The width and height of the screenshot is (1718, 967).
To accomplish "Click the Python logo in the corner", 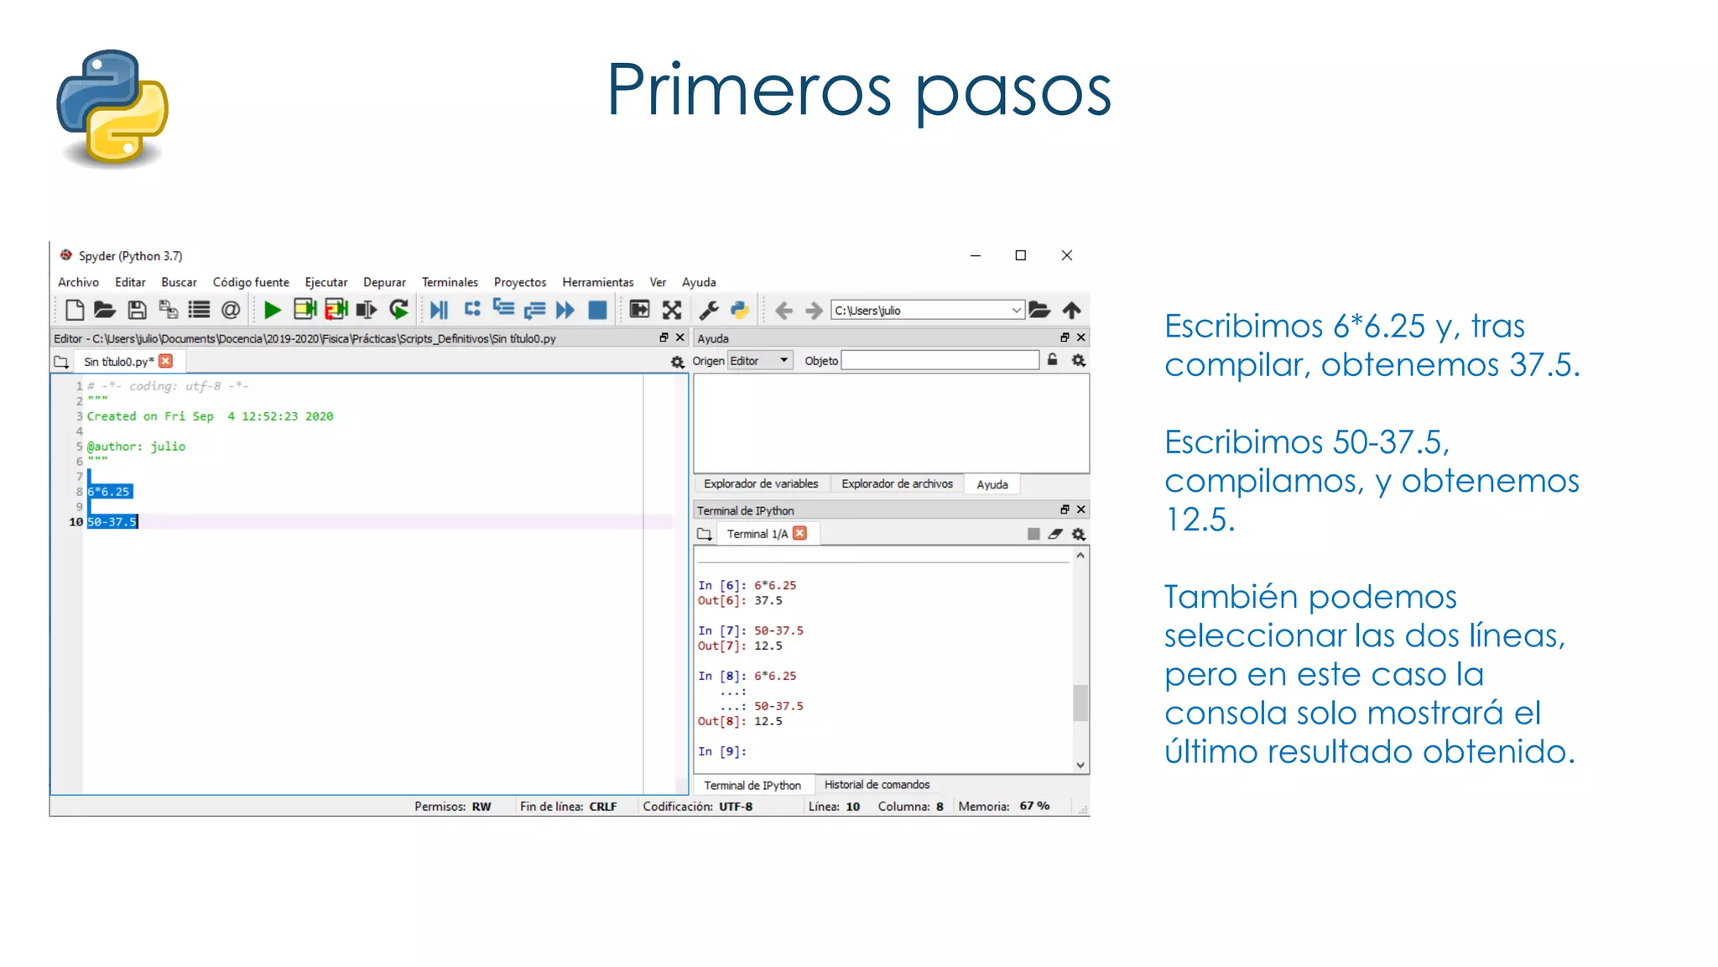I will point(112,107).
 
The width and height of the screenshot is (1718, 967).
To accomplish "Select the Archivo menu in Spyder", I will point(78,282).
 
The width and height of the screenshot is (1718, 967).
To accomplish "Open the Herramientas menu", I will point(597,282).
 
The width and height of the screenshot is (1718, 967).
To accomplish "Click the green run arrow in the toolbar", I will point(272,311).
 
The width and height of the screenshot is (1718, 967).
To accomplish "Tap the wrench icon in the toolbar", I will point(709,311).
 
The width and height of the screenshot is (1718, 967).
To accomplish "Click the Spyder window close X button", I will point(1066,255).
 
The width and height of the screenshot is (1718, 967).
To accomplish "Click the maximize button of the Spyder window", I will point(1020,255).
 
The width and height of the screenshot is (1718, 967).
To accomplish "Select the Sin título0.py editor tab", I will point(118,362).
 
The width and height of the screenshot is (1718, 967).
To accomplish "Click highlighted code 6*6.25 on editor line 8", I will point(109,492).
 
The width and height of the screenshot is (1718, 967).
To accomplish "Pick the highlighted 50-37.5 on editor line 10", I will point(112,522).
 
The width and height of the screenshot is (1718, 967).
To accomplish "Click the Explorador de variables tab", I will point(760,484).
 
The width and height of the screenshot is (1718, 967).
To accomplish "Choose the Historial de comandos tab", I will point(877,785).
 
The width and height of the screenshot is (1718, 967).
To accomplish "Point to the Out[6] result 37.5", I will point(768,601).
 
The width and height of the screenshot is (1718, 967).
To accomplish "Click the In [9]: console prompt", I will point(721,752).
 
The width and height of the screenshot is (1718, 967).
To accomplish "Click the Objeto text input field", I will point(940,361).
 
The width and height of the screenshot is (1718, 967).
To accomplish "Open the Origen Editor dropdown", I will point(759,361).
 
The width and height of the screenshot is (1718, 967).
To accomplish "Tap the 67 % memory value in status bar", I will point(1034,806).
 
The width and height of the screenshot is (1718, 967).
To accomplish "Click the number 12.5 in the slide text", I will point(1200,520).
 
